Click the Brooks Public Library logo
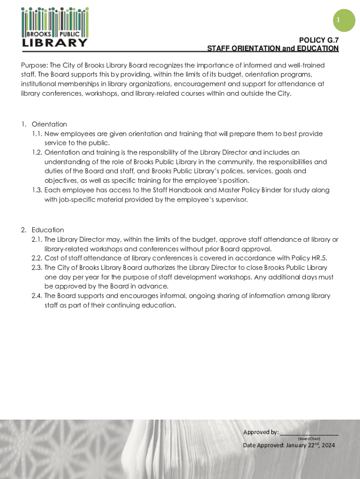pos(55,27)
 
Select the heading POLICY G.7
pos(319,40)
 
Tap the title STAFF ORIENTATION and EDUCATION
pos(273,49)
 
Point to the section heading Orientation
pos(49,124)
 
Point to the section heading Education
pos(48,230)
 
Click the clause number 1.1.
pos(37,134)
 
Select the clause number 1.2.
pos(37,152)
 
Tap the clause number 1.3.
pos(37,190)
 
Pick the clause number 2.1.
pos(37,239)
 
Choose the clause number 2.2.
pos(37,258)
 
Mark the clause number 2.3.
pos(37,268)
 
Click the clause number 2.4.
pos(37,296)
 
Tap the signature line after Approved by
pos(309,433)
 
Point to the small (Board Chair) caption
pos(309,438)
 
